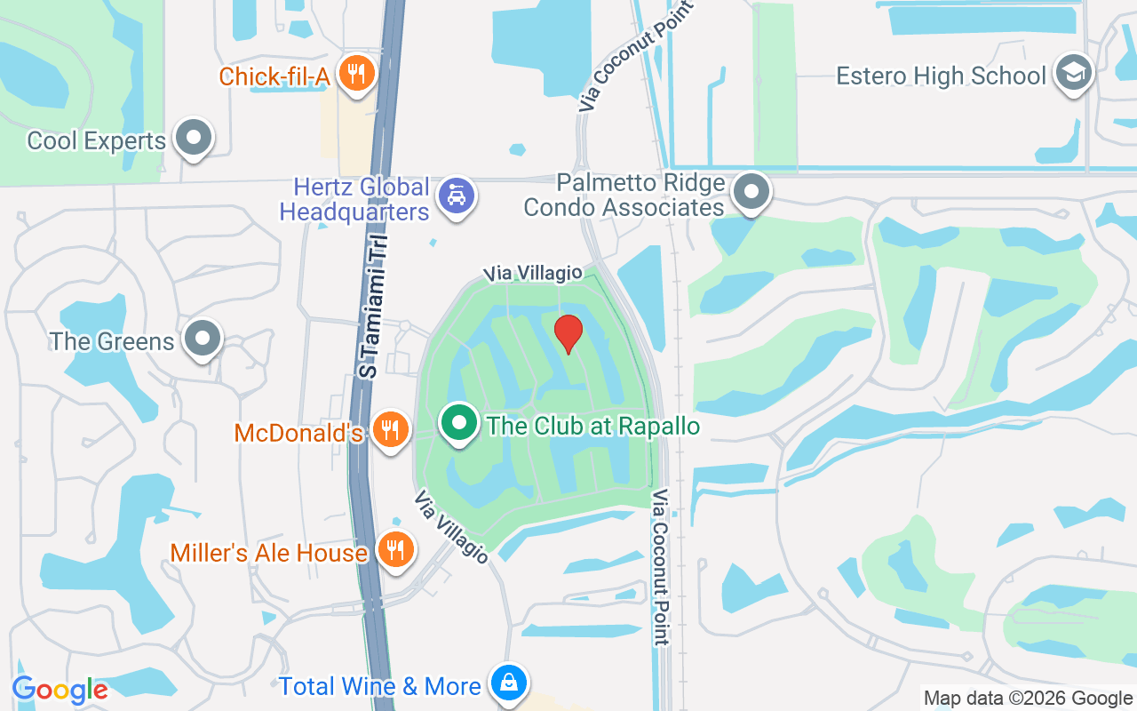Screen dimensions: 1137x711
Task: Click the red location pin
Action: coord(568,333)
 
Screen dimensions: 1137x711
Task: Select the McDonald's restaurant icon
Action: coord(389,430)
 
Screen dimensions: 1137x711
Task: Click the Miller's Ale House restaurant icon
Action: coord(395,549)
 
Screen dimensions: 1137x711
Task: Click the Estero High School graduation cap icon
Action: coord(1073,74)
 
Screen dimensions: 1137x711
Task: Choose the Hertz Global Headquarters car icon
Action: coord(457,196)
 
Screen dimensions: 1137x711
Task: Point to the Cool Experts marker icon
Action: coord(193,138)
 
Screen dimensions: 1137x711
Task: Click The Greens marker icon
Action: coord(202,339)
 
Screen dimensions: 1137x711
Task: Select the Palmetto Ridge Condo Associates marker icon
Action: coord(751,191)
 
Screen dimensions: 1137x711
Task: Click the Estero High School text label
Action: coord(941,76)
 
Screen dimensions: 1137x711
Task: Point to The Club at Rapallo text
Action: coord(593,427)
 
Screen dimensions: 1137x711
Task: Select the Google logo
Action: coord(60,690)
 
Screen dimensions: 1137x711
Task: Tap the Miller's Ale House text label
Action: coord(269,553)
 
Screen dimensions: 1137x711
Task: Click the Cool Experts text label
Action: coord(97,140)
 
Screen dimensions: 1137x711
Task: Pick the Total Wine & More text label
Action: coord(380,686)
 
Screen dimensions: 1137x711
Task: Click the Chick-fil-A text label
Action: coord(274,76)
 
